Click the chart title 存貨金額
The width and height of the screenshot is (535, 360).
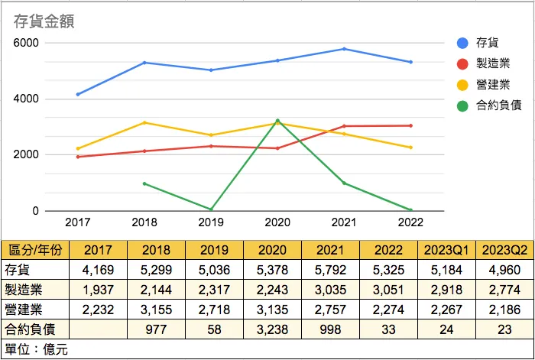click(x=49, y=21)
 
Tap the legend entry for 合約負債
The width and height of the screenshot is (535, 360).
click(x=498, y=105)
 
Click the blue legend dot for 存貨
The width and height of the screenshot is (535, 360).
click(x=462, y=42)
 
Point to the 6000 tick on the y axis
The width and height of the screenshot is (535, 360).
click(x=26, y=43)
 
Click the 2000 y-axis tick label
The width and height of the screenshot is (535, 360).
click(x=26, y=155)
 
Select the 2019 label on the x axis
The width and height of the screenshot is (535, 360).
click(x=211, y=222)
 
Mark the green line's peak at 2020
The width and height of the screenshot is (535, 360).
click(x=277, y=121)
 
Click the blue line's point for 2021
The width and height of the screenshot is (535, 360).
click(x=345, y=49)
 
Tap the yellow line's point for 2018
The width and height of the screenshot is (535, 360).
click(x=144, y=122)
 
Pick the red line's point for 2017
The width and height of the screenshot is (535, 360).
click(x=78, y=157)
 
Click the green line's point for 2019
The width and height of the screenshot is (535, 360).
click(x=211, y=209)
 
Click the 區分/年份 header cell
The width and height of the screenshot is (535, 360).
click(x=36, y=250)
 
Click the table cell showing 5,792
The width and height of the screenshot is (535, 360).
click(x=331, y=270)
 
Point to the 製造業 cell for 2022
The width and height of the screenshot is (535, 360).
click(x=390, y=290)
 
